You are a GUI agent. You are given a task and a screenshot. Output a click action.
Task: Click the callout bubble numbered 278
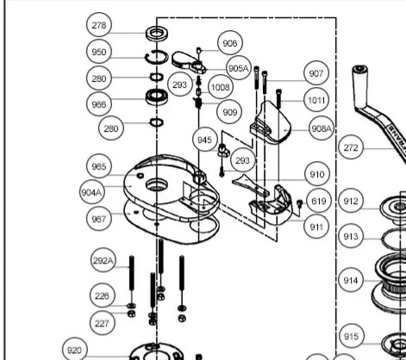99,25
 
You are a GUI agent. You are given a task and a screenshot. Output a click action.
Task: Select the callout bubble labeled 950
99,52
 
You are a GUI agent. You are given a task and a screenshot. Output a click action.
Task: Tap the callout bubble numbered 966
99,104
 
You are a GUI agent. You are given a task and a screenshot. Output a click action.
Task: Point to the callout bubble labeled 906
230,43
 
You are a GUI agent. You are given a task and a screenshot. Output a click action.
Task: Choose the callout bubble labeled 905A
239,68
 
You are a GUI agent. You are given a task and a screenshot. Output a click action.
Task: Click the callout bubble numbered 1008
221,87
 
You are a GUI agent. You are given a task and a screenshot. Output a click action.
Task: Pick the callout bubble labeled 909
230,112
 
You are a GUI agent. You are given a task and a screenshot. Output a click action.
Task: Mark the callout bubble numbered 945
205,140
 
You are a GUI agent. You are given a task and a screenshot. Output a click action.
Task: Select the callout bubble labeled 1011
316,100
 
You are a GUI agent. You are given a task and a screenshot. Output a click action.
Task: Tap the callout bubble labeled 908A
322,128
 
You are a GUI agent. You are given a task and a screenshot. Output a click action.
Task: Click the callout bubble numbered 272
351,147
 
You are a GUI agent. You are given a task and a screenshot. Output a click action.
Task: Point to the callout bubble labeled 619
319,201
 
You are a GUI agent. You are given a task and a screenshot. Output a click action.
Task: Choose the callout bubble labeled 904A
92,192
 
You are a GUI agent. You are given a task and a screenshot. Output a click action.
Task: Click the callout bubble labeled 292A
103,260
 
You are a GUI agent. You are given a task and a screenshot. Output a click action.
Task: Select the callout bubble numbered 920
74,350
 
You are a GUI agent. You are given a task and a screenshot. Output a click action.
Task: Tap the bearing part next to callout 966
157,97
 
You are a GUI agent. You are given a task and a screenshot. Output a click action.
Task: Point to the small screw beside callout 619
300,203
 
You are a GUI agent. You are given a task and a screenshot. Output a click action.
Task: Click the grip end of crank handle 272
359,86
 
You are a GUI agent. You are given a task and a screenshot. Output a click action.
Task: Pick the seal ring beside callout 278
157,33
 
